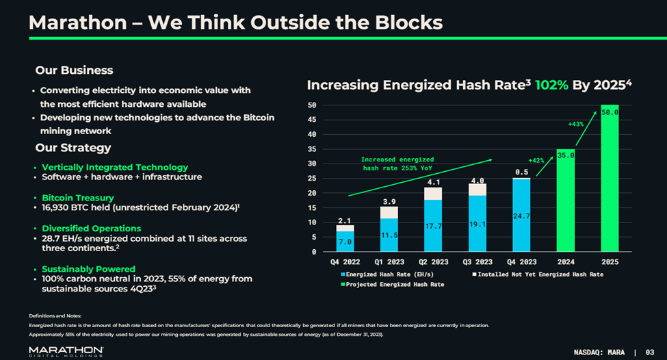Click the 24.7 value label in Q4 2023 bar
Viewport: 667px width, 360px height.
click(x=521, y=216)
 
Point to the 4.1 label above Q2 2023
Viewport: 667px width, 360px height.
click(x=433, y=183)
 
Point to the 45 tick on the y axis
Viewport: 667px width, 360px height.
click(x=311, y=119)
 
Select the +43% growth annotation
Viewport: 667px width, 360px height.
click(x=575, y=124)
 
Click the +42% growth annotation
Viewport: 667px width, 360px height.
click(x=536, y=160)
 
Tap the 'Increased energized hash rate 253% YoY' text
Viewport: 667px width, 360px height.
click(x=397, y=164)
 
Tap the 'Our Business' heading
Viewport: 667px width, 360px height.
click(x=74, y=70)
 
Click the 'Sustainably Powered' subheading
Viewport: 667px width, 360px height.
click(x=88, y=269)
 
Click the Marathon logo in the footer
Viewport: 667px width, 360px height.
click(x=66, y=350)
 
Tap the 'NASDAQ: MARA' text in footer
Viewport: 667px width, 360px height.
click(x=598, y=352)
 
